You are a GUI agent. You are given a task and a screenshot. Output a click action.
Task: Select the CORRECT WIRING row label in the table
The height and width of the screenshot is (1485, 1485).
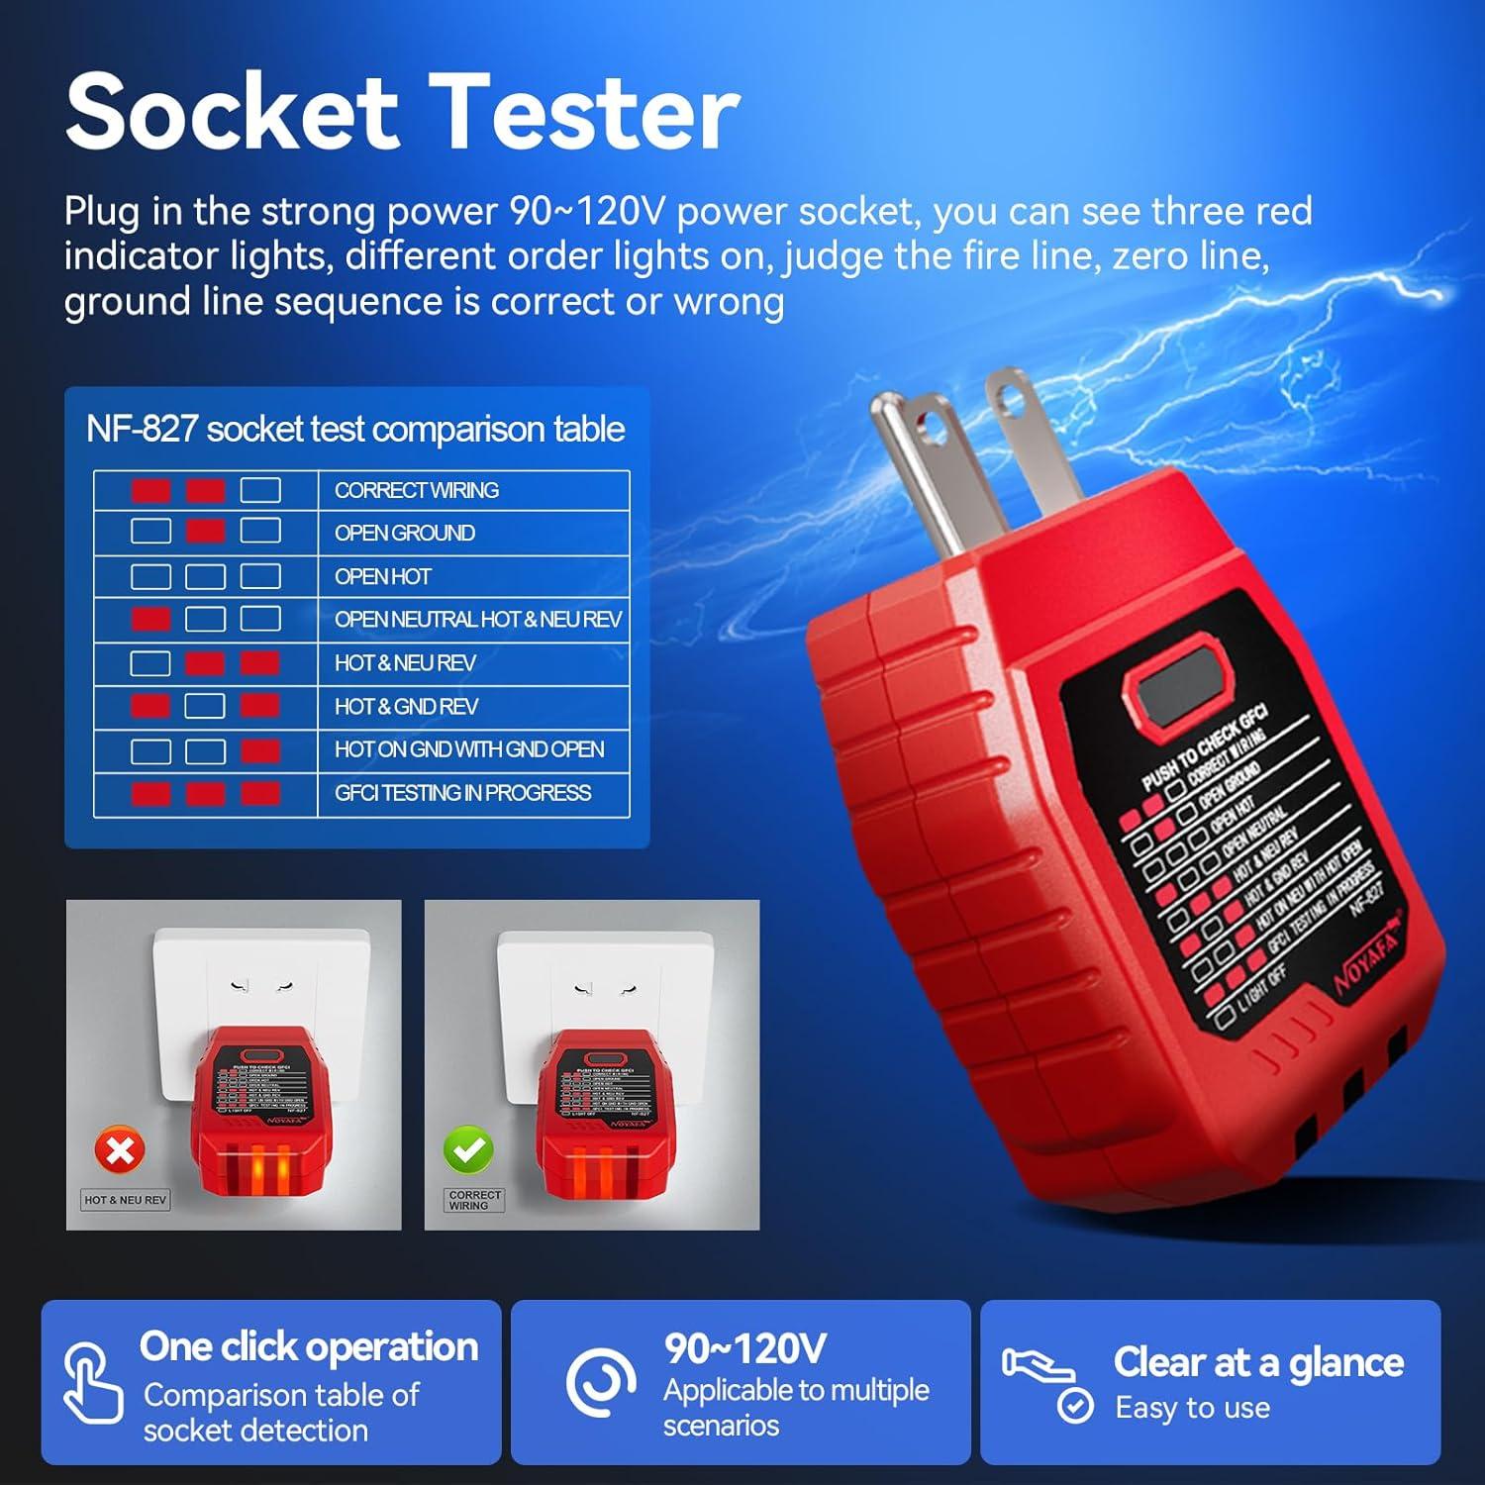coord(416,490)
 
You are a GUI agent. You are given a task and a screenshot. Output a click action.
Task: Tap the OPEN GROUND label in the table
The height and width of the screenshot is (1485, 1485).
coord(404,533)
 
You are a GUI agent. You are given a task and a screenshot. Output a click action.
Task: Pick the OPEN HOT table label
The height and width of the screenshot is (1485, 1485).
coord(382,576)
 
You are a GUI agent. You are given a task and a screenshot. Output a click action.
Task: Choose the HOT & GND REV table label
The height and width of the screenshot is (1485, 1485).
coord(406,707)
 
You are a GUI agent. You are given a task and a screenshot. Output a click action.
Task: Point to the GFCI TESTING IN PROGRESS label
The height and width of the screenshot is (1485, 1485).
coord(462,793)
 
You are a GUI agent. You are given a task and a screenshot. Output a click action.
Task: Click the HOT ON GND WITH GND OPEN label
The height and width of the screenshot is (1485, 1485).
coord(468,749)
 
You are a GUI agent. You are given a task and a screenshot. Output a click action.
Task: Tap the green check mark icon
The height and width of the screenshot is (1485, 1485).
coord(468,1150)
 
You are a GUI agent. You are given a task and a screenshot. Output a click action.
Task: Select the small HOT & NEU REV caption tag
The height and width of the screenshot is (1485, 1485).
coord(125,1200)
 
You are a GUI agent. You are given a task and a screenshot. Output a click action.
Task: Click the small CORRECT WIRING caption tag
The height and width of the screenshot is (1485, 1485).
coord(475,1200)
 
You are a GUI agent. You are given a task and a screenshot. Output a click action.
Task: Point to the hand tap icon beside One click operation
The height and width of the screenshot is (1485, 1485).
coord(91,1383)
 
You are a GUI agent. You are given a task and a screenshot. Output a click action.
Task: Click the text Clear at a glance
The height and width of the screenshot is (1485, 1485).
coord(1258,1362)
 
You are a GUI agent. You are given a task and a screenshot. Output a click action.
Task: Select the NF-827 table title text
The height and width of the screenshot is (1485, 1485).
coord(355,429)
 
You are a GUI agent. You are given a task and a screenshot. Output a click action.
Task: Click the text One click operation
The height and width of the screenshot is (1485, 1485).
coord(309,1346)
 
